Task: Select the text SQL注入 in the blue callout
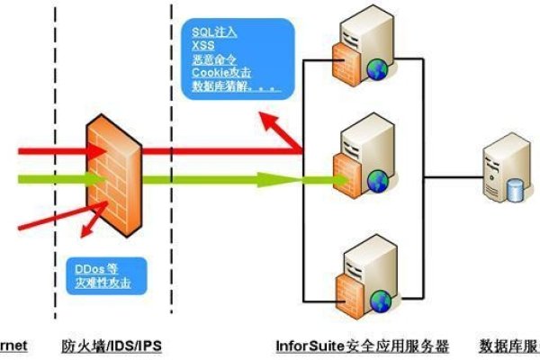point(214,31)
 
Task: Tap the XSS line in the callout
point(202,45)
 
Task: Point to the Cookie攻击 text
point(220,73)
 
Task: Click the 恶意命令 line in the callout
point(214,59)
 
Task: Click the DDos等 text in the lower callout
point(98,269)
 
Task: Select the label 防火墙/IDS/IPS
point(112,346)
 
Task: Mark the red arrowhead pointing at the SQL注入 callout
point(280,116)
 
